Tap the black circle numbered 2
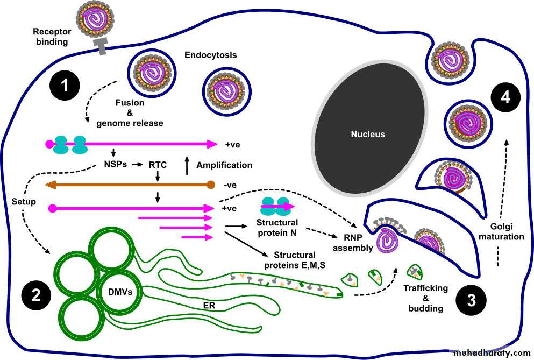[x=37, y=295]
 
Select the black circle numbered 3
[x=471, y=300]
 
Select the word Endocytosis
[x=210, y=55]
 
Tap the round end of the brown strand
[x=211, y=185]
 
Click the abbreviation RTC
[x=158, y=165]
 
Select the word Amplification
[x=224, y=165]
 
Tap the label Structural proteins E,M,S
[x=302, y=259]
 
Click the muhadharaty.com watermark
[x=492, y=353]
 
